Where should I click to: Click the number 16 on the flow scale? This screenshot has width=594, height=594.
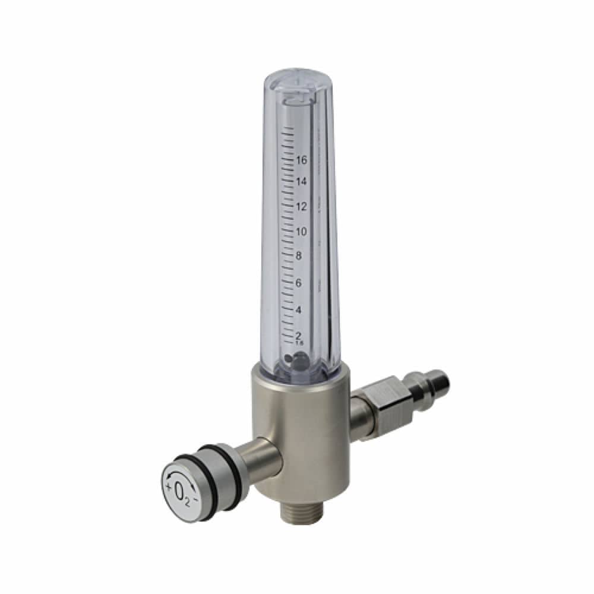pos(302,160)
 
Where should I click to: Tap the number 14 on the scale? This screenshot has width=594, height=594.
pos(302,182)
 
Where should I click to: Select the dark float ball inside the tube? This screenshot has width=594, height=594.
pos(297,359)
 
